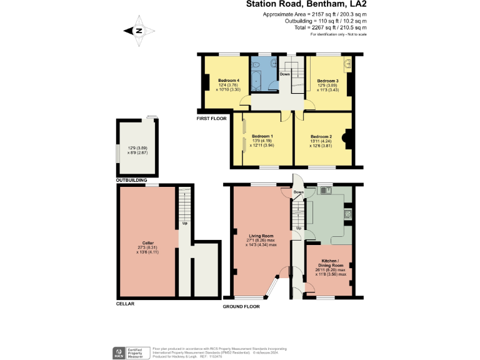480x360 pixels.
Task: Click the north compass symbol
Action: click(139, 30)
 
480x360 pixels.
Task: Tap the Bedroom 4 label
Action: click(229, 81)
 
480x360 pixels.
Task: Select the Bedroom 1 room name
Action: click(262, 136)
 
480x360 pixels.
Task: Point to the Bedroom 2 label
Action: click(321, 136)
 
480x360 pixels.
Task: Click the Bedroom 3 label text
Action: click(327, 81)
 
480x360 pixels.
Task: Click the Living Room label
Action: click(260, 236)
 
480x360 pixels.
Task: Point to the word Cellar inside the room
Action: click(147, 242)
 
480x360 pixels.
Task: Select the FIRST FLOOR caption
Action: click(212, 117)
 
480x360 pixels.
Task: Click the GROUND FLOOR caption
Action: click(241, 307)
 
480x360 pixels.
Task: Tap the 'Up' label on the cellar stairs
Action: click(185, 223)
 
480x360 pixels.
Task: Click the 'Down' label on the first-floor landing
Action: click(284, 74)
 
